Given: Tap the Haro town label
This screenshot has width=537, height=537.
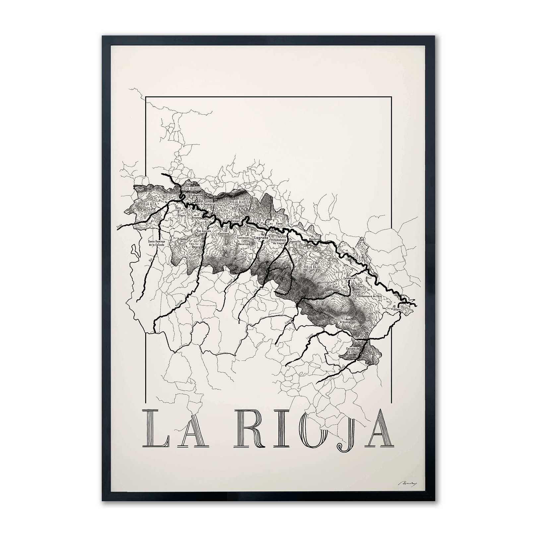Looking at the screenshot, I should tap(178, 208).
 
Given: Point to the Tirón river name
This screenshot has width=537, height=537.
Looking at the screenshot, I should tap(120, 226).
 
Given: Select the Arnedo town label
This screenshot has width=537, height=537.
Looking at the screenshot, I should tap(329, 293).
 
